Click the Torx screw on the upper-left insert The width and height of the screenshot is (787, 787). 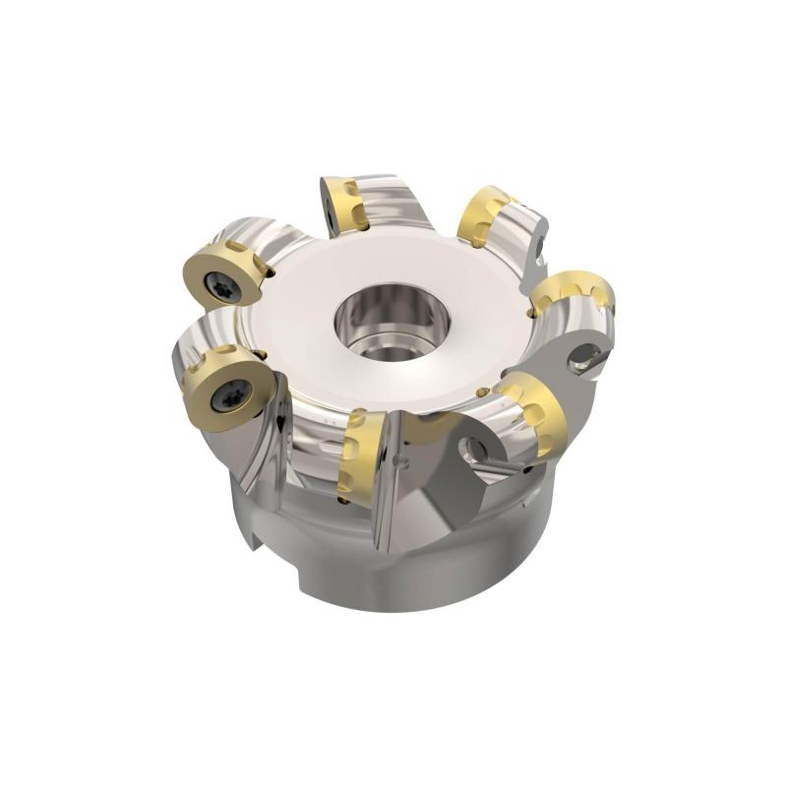click(x=217, y=283)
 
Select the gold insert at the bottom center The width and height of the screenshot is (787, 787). click(x=360, y=454)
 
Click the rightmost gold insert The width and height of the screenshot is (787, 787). click(x=575, y=292)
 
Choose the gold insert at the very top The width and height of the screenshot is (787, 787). click(x=346, y=203)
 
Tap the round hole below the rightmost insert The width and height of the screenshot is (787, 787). click(x=588, y=356)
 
